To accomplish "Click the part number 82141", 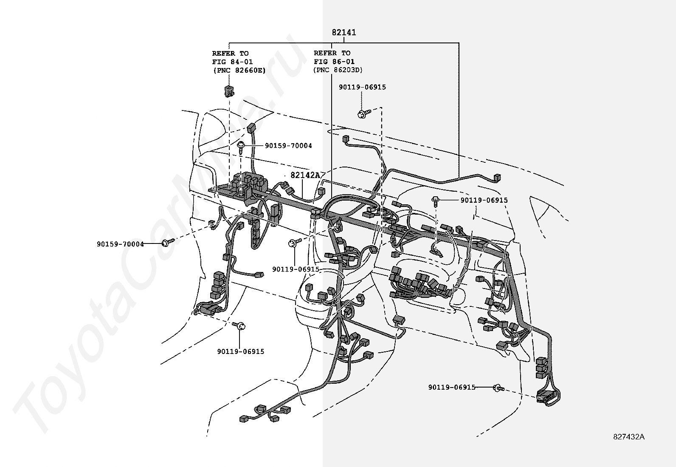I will click(344, 32).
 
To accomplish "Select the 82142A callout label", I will click(305, 175).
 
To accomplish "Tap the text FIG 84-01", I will click(233, 62).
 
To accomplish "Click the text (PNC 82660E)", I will click(239, 71).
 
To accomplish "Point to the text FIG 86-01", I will click(335, 62).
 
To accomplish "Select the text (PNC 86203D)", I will click(338, 71).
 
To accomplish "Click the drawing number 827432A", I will click(629, 437).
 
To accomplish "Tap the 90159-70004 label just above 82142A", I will click(288, 146).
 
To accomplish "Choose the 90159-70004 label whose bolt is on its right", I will click(120, 244).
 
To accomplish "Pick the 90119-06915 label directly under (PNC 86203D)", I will click(362, 87).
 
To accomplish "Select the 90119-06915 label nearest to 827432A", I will click(452, 388).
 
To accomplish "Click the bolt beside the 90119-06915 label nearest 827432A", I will click(499, 388).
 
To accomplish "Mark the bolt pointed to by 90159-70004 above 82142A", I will click(241, 146).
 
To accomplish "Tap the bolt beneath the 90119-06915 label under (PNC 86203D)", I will click(363, 113).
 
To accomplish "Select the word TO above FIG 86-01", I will click(346, 53).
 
